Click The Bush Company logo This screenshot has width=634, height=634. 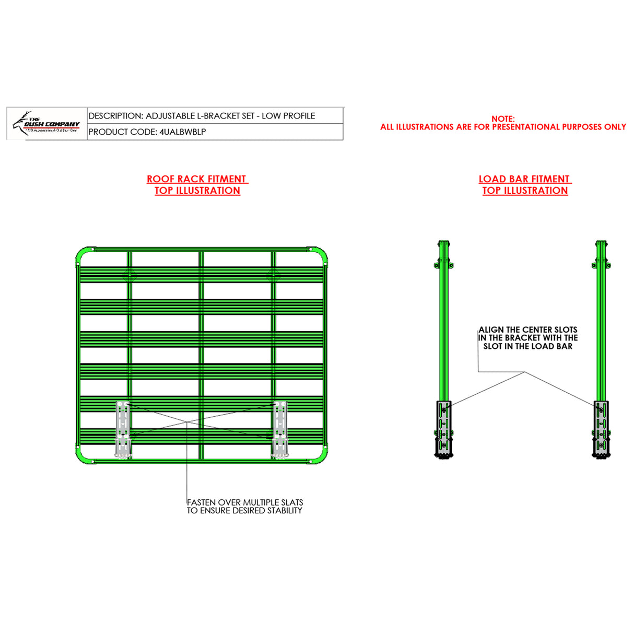[x=46, y=124]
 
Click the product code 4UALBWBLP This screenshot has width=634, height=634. [x=182, y=132]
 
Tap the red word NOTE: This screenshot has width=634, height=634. [x=502, y=119]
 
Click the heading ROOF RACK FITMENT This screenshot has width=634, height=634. [x=196, y=179]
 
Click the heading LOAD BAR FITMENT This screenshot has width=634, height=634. [x=524, y=179]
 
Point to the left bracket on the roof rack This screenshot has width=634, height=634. [x=123, y=429]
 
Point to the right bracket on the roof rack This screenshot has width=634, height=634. [x=279, y=429]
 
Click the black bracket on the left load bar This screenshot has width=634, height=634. [x=444, y=428]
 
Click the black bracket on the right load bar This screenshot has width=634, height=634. [x=601, y=428]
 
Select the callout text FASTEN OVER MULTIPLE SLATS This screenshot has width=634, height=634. [x=245, y=502]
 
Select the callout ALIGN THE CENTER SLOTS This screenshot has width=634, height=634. [x=528, y=330]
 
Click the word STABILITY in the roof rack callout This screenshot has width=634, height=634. [x=285, y=511]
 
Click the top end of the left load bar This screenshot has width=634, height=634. [x=444, y=244]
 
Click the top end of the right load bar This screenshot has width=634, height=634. [x=601, y=244]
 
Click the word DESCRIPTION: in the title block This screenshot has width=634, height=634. [x=115, y=116]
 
